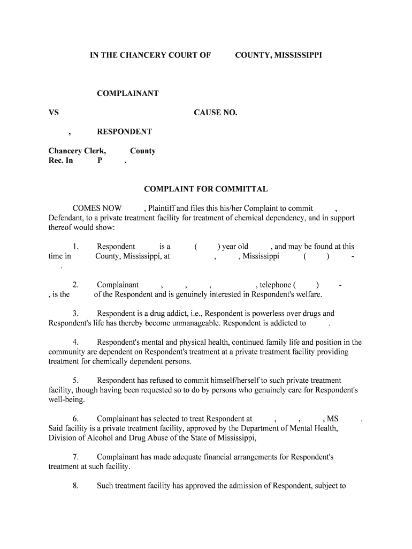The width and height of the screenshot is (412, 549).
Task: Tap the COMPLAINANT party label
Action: coord(127,93)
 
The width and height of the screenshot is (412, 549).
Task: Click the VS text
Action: coord(54,113)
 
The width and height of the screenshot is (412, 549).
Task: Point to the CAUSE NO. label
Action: coord(215,113)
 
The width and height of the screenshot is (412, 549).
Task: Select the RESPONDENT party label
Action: coord(124,132)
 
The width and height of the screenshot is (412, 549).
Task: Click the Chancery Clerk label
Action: coord(77,151)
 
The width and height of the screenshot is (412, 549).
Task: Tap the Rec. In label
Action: coord(60,160)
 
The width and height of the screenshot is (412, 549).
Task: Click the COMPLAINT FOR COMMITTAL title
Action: coord(206,189)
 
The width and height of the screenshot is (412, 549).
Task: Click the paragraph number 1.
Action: coord(76,247)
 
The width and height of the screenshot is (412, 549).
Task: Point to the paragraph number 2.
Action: coord(76,285)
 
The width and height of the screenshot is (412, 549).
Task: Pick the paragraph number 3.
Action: coord(76,314)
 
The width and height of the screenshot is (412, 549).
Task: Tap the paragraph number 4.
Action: coord(76,342)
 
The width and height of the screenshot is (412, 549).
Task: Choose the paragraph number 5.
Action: coord(76,381)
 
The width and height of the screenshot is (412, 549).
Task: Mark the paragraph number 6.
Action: coord(76,419)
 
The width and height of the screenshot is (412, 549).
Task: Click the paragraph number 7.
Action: coord(76,457)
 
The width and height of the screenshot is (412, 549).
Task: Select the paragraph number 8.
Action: coord(76,486)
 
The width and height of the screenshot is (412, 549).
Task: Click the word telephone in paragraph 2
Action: coord(274,285)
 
